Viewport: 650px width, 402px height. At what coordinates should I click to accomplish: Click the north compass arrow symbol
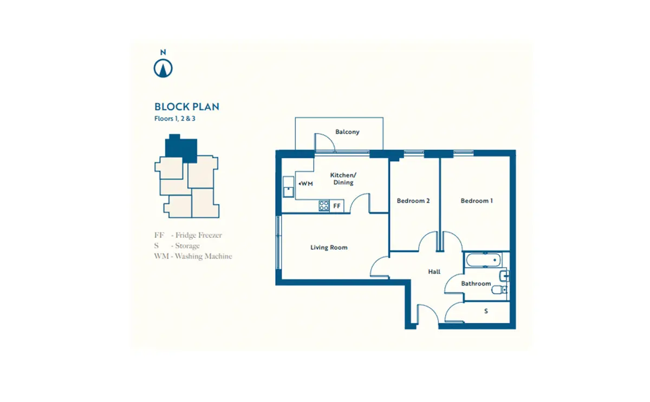[x=163, y=68]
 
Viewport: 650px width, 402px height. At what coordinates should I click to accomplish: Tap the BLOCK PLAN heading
[x=186, y=107]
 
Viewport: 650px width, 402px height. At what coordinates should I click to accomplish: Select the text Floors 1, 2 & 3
[x=174, y=119]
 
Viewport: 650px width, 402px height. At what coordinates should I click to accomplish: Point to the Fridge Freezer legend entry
[x=188, y=235]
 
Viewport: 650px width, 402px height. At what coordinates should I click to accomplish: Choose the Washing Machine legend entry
[x=193, y=256]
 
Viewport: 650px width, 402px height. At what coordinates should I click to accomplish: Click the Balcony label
[x=347, y=132]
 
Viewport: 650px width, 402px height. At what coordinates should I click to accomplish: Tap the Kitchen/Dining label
[x=343, y=179]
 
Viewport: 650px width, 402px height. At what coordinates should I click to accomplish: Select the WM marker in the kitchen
[x=306, y=184]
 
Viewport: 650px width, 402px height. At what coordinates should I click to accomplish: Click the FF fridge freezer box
[x=336, y=206]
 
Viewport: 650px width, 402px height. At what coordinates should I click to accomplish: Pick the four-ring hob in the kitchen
[x=324, y=206]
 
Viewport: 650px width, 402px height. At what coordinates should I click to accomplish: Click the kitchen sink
[x=288, y=187]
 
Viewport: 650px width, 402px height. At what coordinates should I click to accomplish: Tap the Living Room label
[x=329, y=248]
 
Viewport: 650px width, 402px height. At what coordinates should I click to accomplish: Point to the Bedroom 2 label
[x=413, y=201]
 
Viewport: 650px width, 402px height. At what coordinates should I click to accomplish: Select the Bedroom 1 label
[x=477, y=201]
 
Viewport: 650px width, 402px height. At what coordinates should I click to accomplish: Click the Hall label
[x=434, y=271]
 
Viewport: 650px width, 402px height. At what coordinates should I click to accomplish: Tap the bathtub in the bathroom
[x=483, y=261]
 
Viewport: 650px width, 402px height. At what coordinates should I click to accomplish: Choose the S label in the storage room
[x=486, y=311]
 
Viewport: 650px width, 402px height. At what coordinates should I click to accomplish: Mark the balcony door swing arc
[x=328, y=139]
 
